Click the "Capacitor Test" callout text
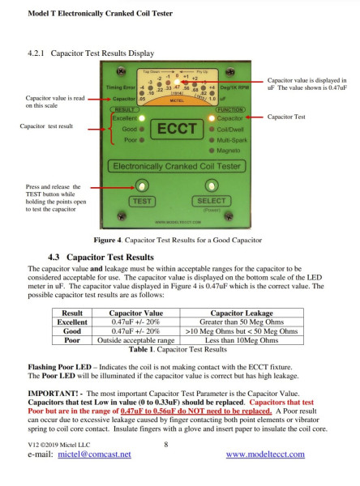pyautogui.click(x=288, y=117)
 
